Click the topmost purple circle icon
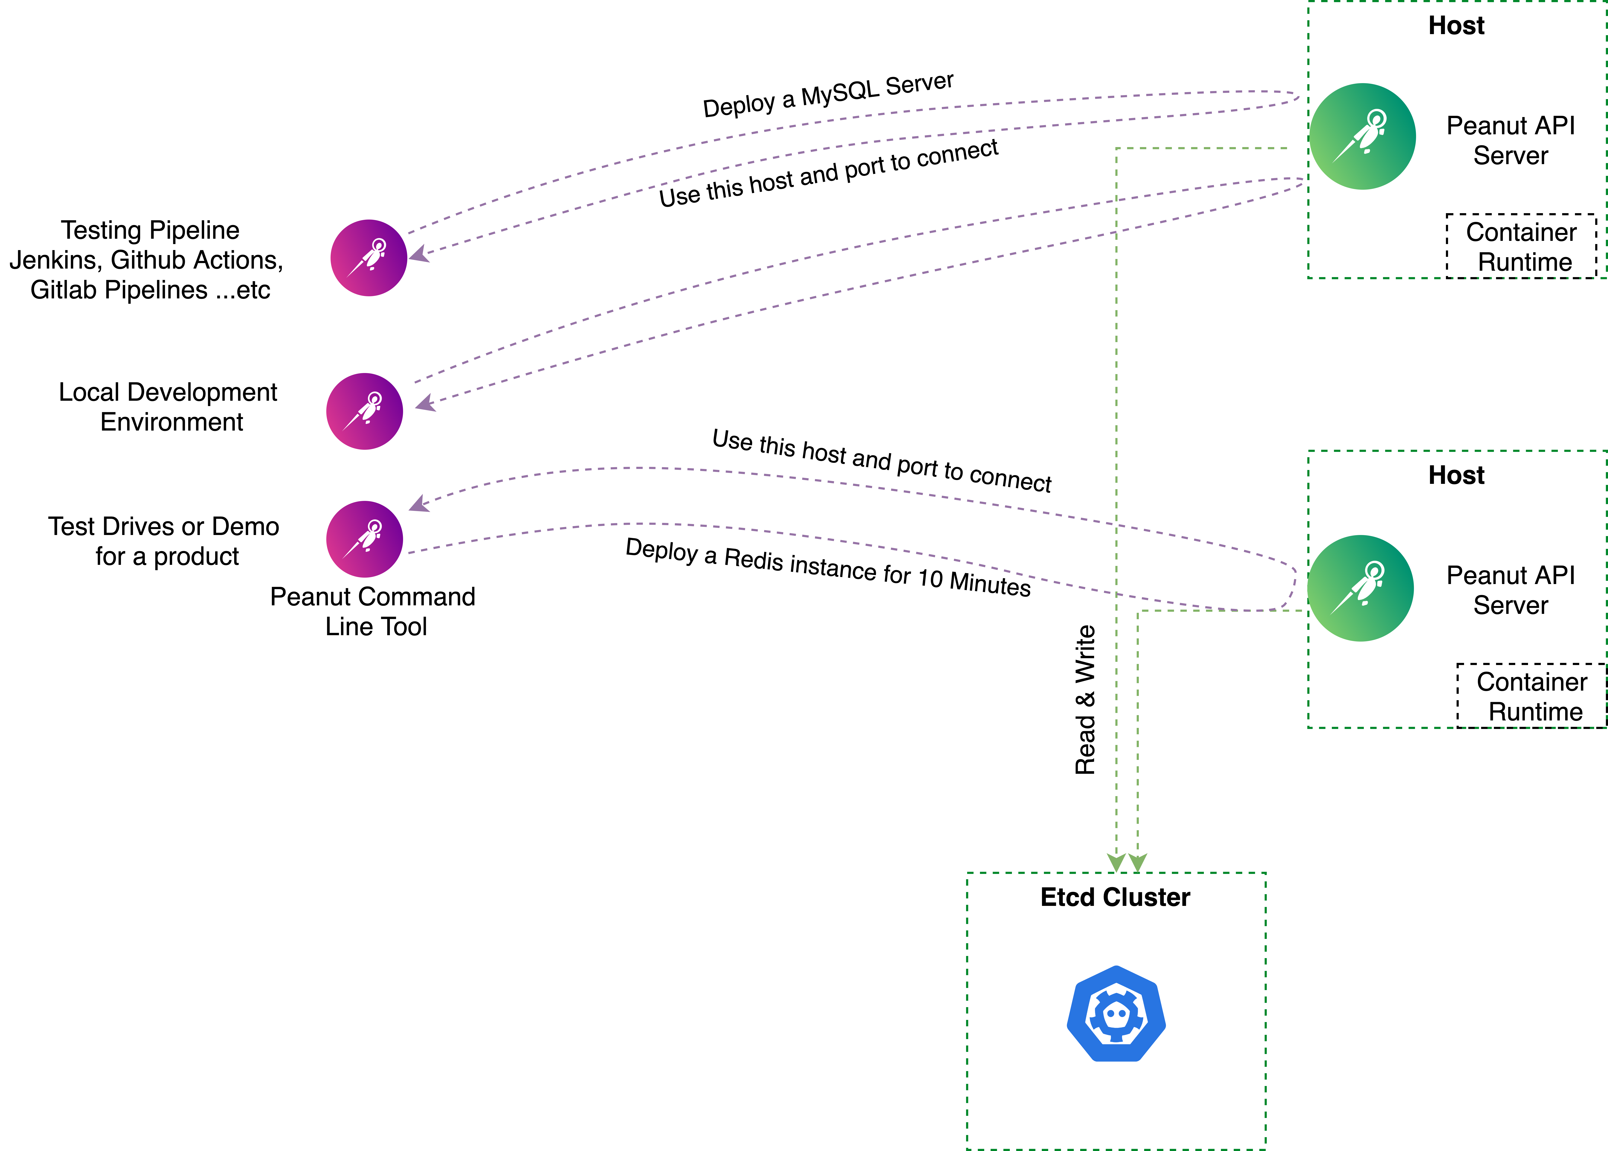click(x=369, y=258)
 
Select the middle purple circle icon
click(x=364, y=411)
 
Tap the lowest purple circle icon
click(x=364, y=539)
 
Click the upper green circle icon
click(x=1362, y=136)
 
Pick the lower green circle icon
click(x=1360, y=588)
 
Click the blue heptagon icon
click(x=1116, y=1014)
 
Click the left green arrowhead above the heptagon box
click(x=1116, y=863)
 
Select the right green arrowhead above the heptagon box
click(x=1137, y=863)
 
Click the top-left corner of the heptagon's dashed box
click(x=967, y=873)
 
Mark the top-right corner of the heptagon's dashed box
click(x=1266, y=873)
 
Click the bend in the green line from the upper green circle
click(x=1116, y=148)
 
